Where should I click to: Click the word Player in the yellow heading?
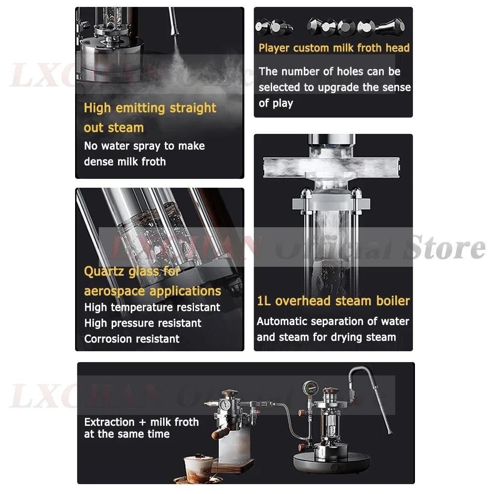click(x=274, y=48)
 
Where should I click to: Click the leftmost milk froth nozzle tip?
click(x=263, y=26)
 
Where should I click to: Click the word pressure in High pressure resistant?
click(x=131, y=324)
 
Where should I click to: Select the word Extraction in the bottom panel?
click(x=109, y=422)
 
